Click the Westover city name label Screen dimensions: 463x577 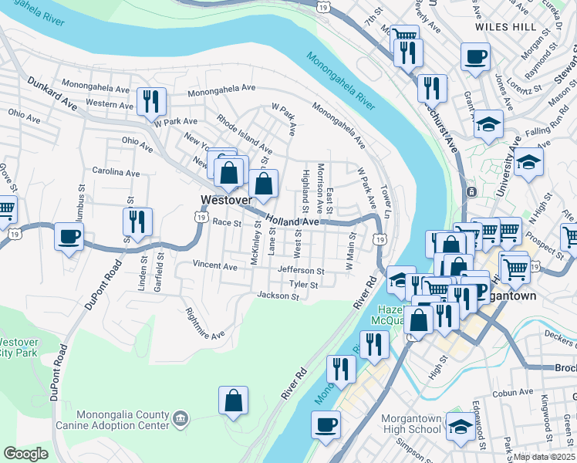click(226, 200)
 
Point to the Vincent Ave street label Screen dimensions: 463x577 click(215, 265)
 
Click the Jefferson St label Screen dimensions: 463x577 click(301, 271)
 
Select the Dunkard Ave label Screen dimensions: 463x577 click(52, 92)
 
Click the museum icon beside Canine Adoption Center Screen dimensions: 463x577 click(180, 418)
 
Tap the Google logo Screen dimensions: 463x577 click(25, 454)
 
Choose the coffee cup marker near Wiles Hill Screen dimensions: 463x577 click(475, 56)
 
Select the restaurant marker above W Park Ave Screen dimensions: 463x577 click(151, 101)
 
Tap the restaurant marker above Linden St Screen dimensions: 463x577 click(137, 221)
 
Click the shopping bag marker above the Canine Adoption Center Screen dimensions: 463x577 click(233, 400)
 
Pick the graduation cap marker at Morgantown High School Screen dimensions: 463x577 click(461, 426)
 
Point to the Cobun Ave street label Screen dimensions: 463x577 click(513, 392)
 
